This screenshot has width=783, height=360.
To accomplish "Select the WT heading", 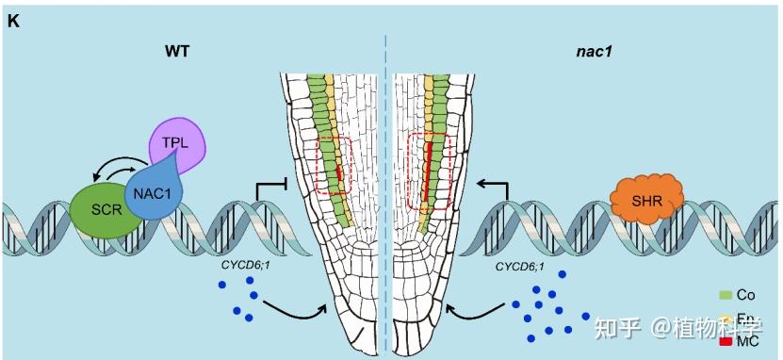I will tap(176, 51).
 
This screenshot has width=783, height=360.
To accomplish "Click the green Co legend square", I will tap(726, 296).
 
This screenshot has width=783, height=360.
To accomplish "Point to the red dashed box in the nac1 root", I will tap(430, 172).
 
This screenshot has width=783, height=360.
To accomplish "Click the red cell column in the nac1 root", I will tap(429, 174).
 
